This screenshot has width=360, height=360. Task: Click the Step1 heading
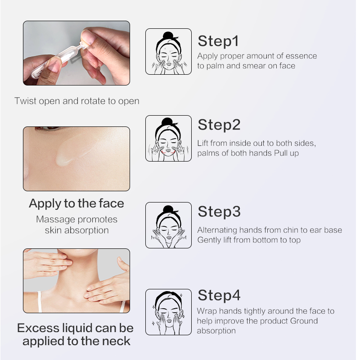pos(218,41)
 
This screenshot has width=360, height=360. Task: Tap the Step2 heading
pos(219,125)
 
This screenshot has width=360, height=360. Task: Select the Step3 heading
pos(219,211)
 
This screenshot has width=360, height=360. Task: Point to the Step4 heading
pos(219,295)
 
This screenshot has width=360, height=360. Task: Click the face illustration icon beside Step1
pos(168,51)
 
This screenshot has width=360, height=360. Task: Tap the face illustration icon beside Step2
pos(168,138)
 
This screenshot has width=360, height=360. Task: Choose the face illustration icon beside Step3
pos(168,225)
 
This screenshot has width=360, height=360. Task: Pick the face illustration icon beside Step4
pos(168,312)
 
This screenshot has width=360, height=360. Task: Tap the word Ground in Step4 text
pos(304,321)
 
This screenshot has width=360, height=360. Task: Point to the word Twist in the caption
pos(25,101)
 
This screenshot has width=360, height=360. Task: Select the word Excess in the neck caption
pos(38,328)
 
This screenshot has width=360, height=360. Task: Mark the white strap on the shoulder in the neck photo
pos(40,301)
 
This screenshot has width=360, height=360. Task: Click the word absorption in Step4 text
pos(216,331)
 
